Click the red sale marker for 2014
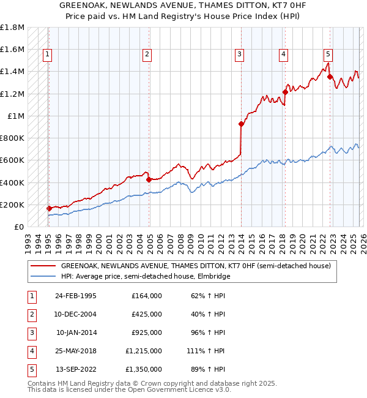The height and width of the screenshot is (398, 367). coord(241,124)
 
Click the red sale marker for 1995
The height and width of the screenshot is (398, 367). coord(50,208)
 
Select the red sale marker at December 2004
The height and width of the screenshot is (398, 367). coord(149,179)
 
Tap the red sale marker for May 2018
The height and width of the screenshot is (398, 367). coord(285,92)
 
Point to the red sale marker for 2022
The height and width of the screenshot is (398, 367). coord(330,77)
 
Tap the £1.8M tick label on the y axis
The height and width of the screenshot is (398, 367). coord(12,28)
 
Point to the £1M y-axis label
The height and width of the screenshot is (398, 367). coord(16,116)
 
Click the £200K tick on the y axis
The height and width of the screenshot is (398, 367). coord(12,205)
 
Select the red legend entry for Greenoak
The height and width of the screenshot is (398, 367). coord(196,266)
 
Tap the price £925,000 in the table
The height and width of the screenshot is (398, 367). coord(147,333)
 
